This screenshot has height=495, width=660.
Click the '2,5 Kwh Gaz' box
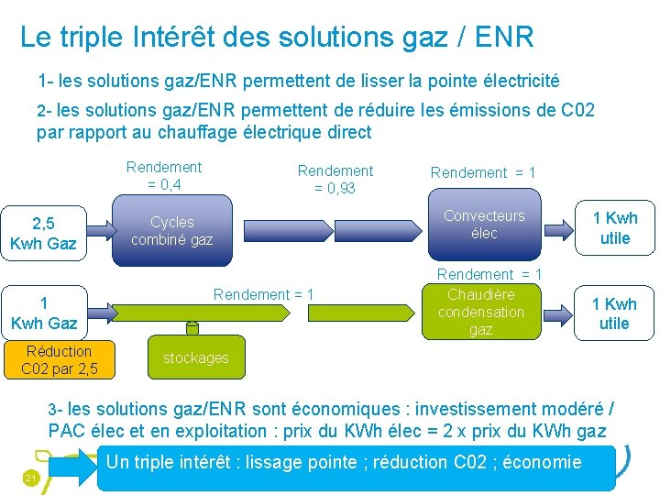[x=43, y=234]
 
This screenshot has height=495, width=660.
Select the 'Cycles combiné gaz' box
[x=171, y=231]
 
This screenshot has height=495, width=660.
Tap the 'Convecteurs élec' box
[x=483, y=225]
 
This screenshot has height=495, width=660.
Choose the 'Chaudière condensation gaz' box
[x=480, y=312]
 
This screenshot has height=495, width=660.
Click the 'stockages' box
[x=195, y=357]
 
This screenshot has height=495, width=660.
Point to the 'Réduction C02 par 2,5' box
[x=59, y=360]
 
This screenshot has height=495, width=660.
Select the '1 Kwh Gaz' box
[x=43, y=313]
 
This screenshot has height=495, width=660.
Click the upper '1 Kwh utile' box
[x=614, y=227]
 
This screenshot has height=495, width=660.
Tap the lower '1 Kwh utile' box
[x=614, y=313]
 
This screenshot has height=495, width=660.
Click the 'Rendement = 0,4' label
[x=164, y=175]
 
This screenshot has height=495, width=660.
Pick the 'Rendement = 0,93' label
[x=335, y=180]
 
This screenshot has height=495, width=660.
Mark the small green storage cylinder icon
[x=192, y=327]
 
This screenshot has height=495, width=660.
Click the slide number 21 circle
[x=30, y=478]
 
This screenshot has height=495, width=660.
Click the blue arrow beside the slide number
[x=71, y=467]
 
